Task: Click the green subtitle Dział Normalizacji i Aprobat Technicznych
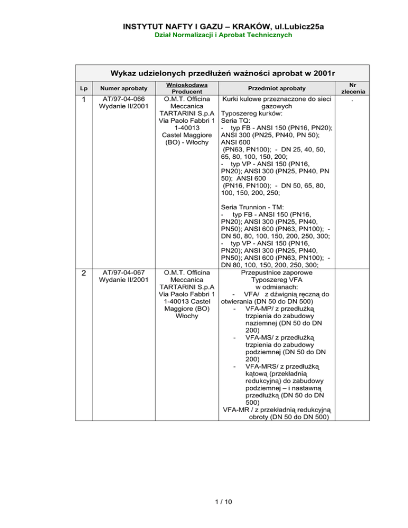[204, 36]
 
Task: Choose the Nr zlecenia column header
[362, 88]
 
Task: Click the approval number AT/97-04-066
[120, 98]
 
